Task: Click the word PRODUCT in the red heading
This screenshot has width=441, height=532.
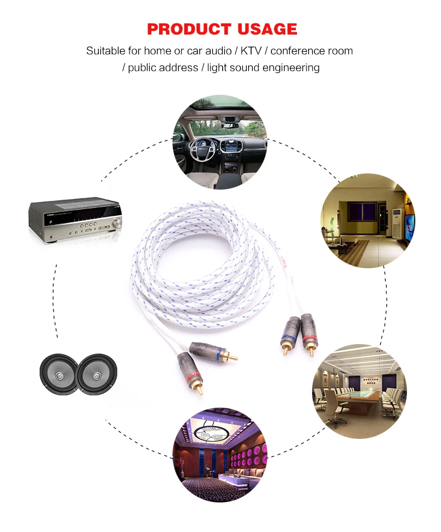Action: point(189,29)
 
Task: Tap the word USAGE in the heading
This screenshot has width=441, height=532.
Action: point(267,29)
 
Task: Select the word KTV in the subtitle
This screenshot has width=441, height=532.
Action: point(251,51)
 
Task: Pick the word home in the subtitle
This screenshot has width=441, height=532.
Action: point(157,51)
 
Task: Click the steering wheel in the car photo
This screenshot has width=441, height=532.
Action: point(204,150)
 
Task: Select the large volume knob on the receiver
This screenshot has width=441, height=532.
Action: point(117,223)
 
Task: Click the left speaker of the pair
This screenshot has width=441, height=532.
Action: point(59,374)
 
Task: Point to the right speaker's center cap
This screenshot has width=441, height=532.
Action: point(97,375)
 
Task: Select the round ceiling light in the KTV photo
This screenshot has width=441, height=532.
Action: point(210,432)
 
